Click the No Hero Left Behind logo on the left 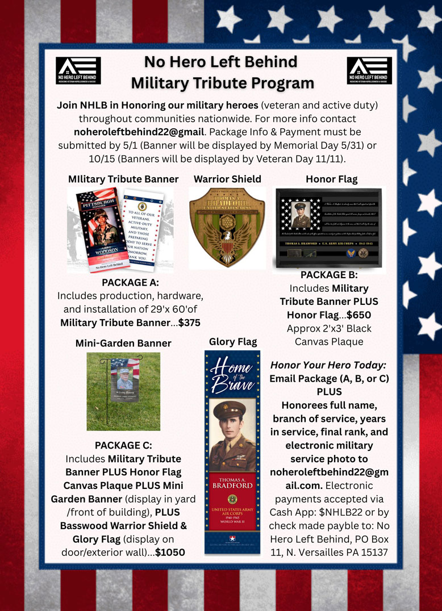click(x=78, y=71)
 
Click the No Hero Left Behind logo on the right click(x=369, y=71)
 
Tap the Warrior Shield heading click(x=227, y=179)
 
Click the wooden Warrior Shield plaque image click(x=227, y=227)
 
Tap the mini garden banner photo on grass click(x=123, y=391)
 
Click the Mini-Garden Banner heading click(x=123, y=343)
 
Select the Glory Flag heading click(x=233, y=341)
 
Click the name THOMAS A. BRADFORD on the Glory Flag click(x=232, y=482)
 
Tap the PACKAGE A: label click(x=130, y=282)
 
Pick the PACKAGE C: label click(x=123, y=445)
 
